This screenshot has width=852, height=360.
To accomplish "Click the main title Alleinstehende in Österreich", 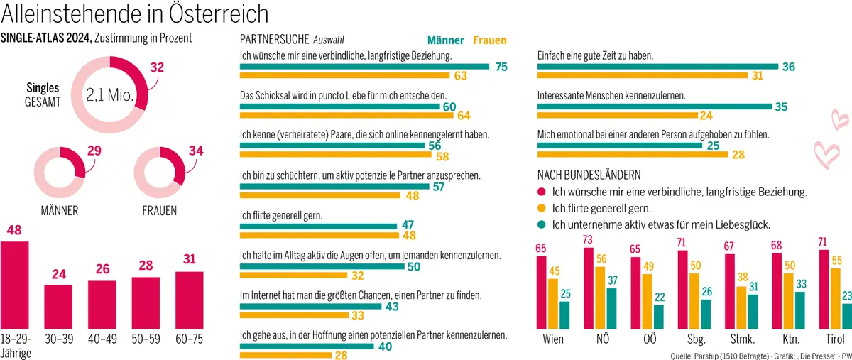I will (x=136, y=13).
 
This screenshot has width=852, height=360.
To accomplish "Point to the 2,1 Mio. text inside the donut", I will (x=110, y=94).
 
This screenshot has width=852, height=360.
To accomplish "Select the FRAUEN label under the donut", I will (x=160, y=211).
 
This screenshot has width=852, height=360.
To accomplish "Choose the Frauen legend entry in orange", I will (x=489, y=40).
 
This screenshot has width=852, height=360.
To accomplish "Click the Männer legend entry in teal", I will (x=445, y=40).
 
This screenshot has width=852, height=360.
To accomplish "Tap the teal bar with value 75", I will (x=364, y=67).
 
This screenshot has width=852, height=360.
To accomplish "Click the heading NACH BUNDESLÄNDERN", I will (x=589, y=174).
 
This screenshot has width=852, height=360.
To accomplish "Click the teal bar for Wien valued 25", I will (x=564, y=315).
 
